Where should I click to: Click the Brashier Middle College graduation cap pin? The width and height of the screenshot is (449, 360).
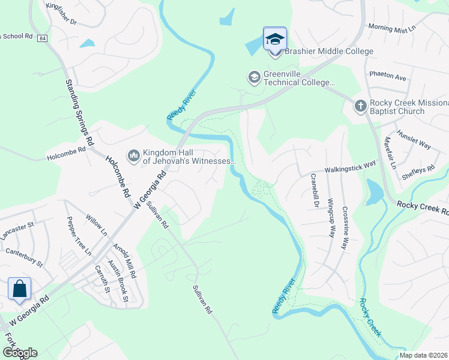[x=275, y=40]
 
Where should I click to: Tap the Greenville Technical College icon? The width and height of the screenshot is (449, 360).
[x=254, y=77]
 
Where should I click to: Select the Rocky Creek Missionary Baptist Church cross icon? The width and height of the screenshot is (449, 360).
[x=360, y=106]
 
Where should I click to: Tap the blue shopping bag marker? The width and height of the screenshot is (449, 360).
[x=20, y=289]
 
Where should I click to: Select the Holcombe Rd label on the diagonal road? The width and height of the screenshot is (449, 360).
[x=118, y=178]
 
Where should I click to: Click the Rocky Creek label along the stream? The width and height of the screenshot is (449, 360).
[x=370, y=317]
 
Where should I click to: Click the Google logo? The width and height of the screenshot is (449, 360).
[x=20, y=353]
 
